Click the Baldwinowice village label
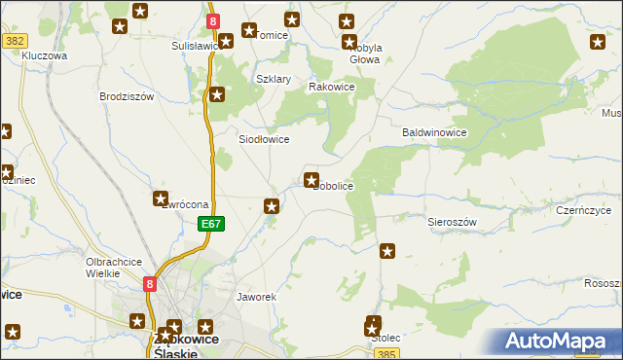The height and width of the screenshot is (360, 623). pyautogui.click(x=435, y=132)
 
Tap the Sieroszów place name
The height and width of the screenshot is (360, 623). pyautogui.click(x=453, y=222)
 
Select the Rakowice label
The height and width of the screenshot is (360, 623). pyautogui.click(x=331, y=87)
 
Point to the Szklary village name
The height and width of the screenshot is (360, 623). pyautogui.click(x=274, y=79)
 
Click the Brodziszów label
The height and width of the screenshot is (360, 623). pyautogui.click(x=128, y=96)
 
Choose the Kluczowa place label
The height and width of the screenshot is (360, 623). pyautogui.click(x=44, y=56)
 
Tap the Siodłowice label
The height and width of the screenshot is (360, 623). pyautogui.click(x=264, y=139)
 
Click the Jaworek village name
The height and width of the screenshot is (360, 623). pyautogui.click(x=258, y=296)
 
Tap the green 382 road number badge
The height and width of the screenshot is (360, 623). pyautogui.click(x=14, y=40)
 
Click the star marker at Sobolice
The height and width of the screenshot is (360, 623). pyautogui.click(x=311, y=179)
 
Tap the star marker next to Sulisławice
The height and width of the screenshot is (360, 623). pyautogui.click(x=226, y=41)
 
